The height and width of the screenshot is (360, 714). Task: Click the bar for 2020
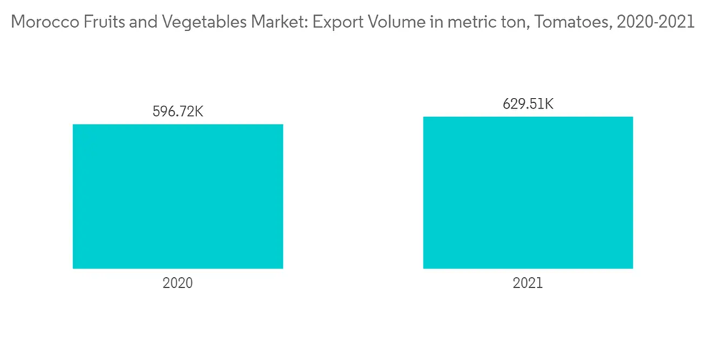coord(178,196)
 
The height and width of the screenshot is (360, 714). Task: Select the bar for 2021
coord(528,192)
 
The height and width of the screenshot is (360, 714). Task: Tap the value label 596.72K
coord(178,111)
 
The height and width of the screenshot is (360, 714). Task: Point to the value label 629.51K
coord(528,104)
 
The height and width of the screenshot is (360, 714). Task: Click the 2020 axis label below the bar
coord(178,283)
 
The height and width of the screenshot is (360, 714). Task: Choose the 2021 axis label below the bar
coord(528,283)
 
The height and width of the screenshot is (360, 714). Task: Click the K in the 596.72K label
coord(199,111)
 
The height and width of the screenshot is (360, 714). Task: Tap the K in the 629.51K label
coord(549,104)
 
